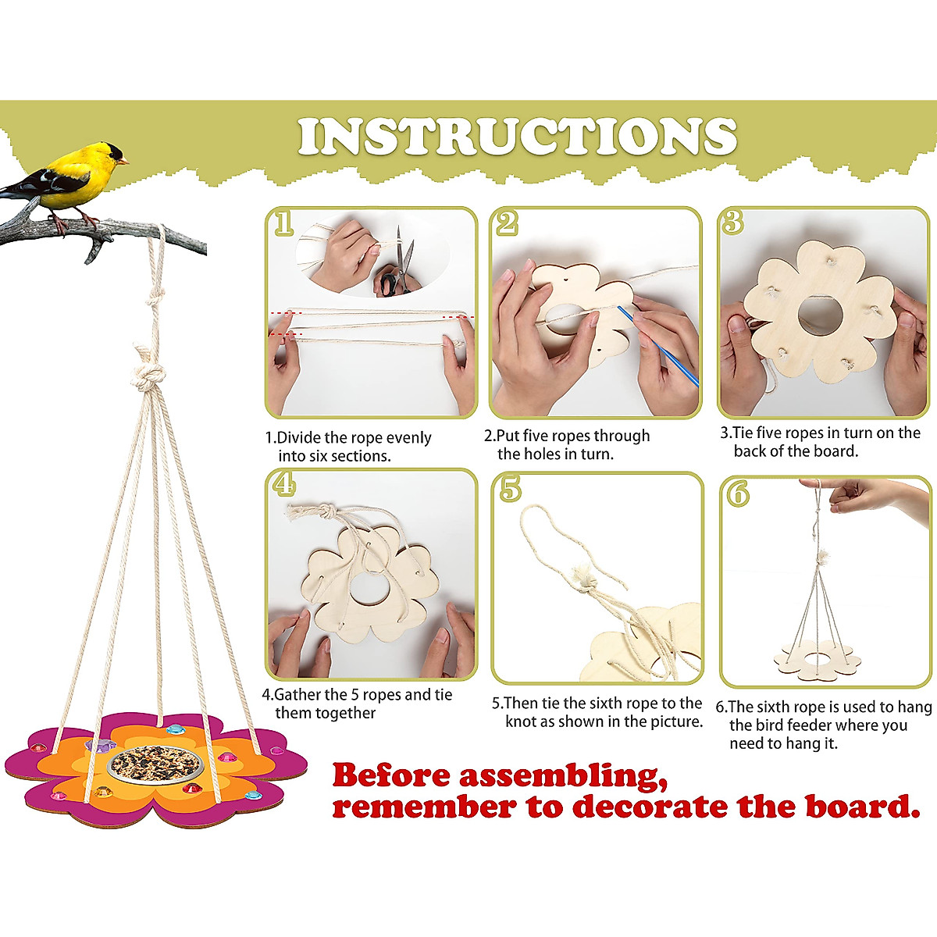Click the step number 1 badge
(283, 223)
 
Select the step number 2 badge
(508, 223)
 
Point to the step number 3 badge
(732, 222)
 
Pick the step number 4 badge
(283, 484)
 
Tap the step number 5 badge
(510, 489)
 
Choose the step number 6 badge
(736, 492)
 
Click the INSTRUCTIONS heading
(517, 137)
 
